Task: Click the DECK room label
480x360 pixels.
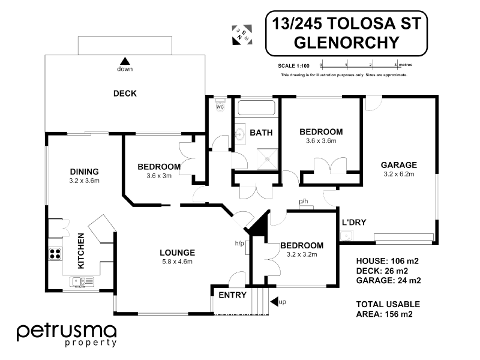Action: point(125,94)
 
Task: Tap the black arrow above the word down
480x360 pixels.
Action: point(125,61)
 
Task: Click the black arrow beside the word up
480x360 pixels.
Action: point(274,302)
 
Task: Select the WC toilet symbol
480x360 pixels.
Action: point(220,106)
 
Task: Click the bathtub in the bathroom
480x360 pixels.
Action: point(257,108)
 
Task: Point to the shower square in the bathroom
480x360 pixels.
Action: point(268,159)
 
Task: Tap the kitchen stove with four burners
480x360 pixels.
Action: point(55,254)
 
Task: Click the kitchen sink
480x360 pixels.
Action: point(82,281)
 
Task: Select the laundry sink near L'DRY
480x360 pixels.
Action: point(347,236)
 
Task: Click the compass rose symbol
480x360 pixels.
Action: point(242,35)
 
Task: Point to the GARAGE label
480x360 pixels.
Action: point(399,165)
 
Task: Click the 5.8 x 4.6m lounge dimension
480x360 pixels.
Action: point(177,262)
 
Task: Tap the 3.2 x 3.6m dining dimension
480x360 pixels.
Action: point(84,181)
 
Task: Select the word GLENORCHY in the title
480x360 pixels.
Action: point(347,42)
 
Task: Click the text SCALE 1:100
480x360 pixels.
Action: point(293,66)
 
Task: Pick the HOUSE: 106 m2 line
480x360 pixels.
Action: point(387,261)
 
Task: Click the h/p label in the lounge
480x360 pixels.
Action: point(239,244)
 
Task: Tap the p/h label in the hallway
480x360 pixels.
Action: point(304,201)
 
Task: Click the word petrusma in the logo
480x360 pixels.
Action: point(67,332)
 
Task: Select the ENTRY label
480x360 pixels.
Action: point(233,295)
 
